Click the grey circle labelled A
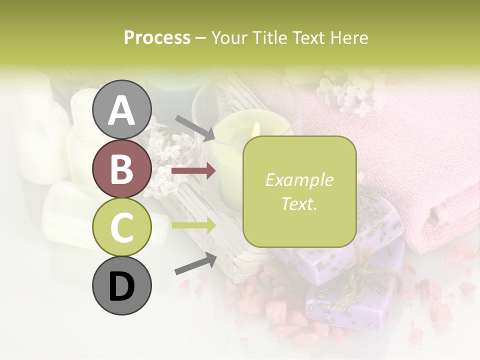(122, 109)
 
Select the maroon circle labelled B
(122, 168)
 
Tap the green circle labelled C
(122, 227)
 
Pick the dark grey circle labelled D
(122, 286)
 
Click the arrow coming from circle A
(194, 128)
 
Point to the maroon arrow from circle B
(193, 171)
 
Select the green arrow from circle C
(193, 225)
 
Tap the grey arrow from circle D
(195, 263)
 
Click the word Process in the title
(157, 38)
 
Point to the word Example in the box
(299, 180)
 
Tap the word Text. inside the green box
(299, 203)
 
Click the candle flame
(256, 129)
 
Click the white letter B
(122, 168)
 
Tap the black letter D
(122, 286)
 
